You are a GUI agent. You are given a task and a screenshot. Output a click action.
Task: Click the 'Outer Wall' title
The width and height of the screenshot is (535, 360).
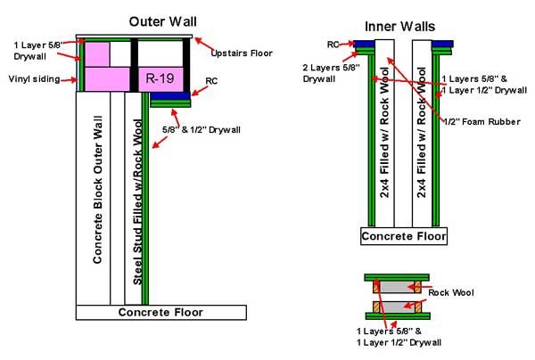(x=163, y=21)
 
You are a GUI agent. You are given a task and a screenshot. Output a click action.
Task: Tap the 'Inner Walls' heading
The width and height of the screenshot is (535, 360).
(x=399, y=27)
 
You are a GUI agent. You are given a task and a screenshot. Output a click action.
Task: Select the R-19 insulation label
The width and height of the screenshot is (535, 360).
(x=160, y=78)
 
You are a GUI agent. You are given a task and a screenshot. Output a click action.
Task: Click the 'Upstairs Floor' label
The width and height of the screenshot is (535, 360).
(x=242, y=53)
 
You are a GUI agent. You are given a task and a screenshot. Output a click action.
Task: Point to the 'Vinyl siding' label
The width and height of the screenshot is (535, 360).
(x=34, y=79)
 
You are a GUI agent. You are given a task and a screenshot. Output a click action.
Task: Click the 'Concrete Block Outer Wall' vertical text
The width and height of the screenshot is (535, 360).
(x=97, y=190)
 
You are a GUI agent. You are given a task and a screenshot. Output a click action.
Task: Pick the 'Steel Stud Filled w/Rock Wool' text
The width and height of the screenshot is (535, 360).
(x=137, y=201)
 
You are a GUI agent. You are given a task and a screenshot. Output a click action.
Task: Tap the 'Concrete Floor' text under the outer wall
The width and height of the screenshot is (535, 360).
(x=160, y=312)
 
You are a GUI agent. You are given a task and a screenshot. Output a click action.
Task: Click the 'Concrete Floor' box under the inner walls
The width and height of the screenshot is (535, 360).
(x=404, y=236)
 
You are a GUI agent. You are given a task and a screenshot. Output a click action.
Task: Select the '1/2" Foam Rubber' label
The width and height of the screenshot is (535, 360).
(x=481, y=122)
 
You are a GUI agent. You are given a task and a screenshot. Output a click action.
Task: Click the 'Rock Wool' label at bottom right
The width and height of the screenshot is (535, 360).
(x=451, y=292)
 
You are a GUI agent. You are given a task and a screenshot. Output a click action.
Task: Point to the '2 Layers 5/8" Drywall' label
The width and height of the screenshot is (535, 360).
(x=331, y=73)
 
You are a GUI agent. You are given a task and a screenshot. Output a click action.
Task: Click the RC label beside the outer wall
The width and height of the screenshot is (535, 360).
(x=211, y=81)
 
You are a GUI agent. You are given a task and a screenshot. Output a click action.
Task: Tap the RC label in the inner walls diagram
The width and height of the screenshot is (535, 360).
(x=333, y=45)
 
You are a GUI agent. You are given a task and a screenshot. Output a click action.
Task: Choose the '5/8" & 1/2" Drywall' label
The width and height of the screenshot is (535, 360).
(x=202, y=130)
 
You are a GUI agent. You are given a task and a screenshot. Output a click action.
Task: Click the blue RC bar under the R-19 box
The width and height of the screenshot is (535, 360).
(x=170, y=96)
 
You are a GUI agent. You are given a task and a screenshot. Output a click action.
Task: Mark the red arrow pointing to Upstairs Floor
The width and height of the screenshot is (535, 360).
(x=204, y=45)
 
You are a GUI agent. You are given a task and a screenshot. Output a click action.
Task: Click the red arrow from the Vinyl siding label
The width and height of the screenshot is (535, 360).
(x=69, y=80)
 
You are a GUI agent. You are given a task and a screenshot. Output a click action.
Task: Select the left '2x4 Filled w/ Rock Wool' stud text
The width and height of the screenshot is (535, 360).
(x=384, y=133)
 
